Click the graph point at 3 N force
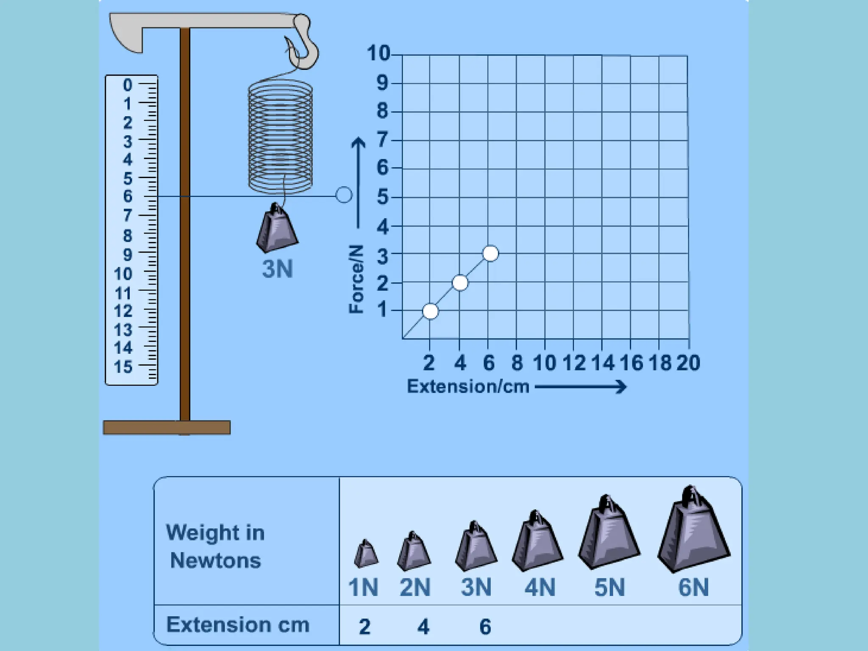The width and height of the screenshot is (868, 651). click(490, 253)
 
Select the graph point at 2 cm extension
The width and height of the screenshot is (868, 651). click(430, 312)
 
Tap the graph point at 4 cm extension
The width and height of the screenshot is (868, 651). click(460, 283)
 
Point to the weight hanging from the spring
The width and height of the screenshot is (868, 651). click(277, 229)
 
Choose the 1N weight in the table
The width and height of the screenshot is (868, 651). click(366, 554)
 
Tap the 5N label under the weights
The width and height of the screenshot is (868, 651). click(609, 587)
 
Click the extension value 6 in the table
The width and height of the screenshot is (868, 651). click(485, 626)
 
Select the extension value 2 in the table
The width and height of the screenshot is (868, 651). click(365, 626)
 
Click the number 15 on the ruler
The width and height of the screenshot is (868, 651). click(123, 367)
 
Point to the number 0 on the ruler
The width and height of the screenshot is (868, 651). click(128, 85)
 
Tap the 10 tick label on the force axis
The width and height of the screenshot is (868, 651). click(378, 53)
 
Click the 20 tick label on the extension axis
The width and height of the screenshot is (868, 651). click(688, 363)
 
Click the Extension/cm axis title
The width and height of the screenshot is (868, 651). click(468, 387)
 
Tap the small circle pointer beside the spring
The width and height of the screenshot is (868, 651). click(344, 195)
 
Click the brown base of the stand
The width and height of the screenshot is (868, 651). click(167, 428)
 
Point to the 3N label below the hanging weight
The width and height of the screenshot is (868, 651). click(278, 269)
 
